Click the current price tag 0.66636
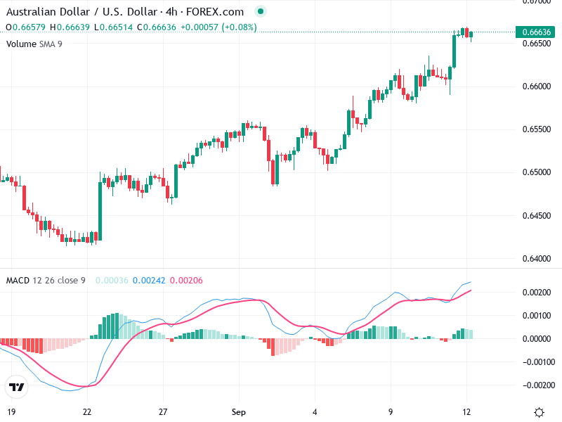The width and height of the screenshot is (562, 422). coord(537,32)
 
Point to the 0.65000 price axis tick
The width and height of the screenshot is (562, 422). coord(537,172)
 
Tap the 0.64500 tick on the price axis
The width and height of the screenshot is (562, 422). coord(537,215)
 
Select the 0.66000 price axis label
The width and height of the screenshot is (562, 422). coord(537,87)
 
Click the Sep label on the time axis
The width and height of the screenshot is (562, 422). coord(239,411)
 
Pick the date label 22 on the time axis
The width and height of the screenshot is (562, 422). coord(87,411)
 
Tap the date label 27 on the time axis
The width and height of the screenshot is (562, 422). coord(163,411)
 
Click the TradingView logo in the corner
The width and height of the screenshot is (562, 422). coord(16,387)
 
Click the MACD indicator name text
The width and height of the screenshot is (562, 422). coord(18,281)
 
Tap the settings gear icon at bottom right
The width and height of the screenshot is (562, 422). coord(539,412)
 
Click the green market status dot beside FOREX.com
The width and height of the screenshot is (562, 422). coord(261,11)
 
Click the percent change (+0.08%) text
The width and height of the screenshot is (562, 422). coord(240,27)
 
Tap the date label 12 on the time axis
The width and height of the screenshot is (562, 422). coord(466,411)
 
